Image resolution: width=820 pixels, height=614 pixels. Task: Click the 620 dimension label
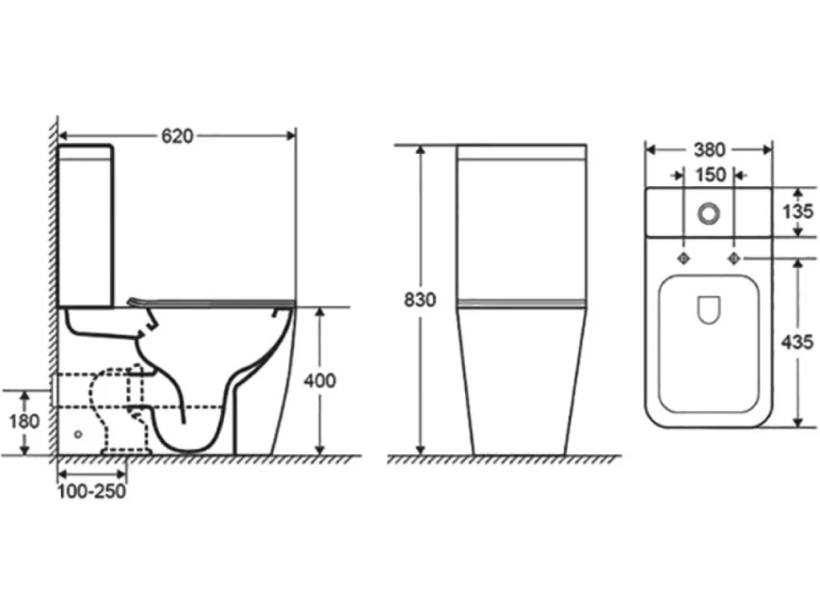[x=178, y=136]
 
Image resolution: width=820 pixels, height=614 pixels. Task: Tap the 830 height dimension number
[x=419, y=299]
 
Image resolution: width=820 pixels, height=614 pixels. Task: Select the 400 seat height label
[x=320, y=381]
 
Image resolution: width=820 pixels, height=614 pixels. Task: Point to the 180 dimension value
[x=24, y=421]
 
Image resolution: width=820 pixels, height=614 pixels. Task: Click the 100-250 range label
[x=91, y=491]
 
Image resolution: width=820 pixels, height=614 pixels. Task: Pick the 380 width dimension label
[x=709, y=150]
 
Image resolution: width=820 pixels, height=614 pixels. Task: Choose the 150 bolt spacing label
[x=709, y=175]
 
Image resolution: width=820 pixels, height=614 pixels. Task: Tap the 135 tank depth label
[x=797, y=211]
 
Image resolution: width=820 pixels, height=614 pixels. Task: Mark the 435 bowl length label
[x=797, y=342]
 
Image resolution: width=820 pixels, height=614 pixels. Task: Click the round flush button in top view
[x=708, y=213]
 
